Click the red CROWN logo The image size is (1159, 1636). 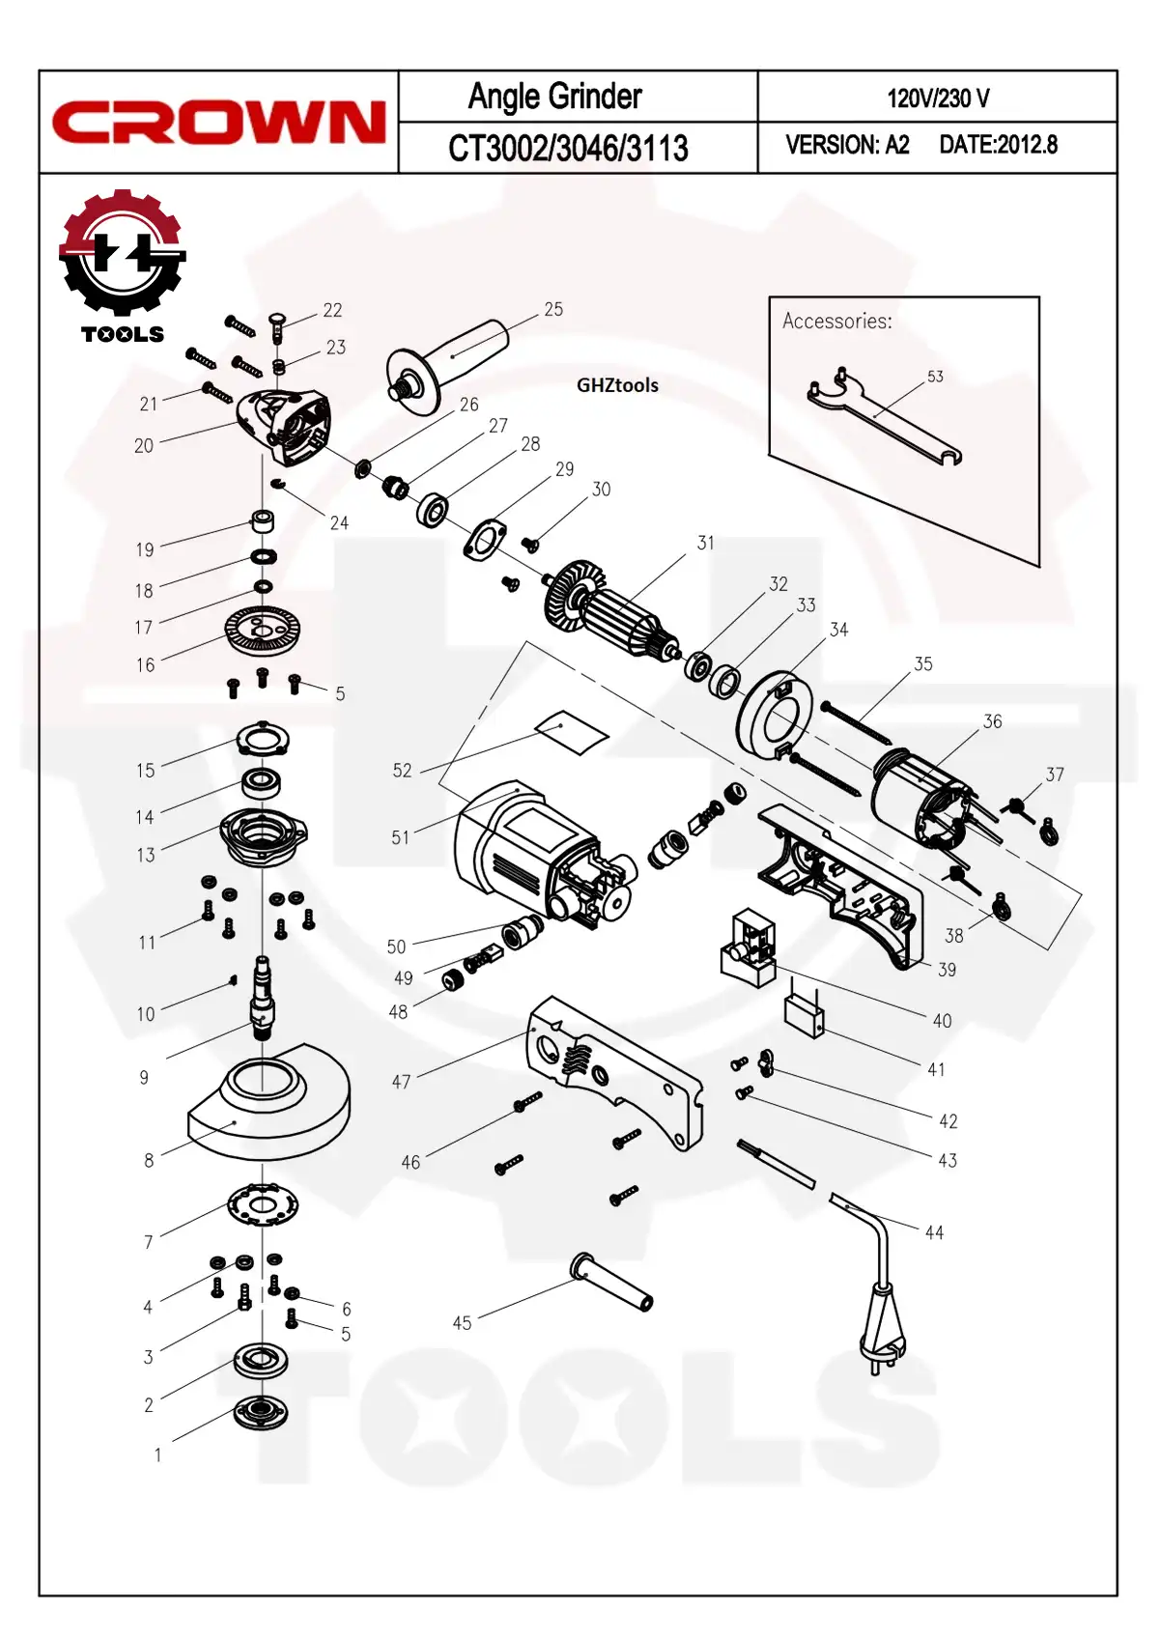[x=218, y=123]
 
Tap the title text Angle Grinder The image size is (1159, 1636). [x=554, y=97]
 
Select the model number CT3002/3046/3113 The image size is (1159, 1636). [x=568, y=148]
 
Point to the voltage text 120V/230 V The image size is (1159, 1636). [x=938, y=99]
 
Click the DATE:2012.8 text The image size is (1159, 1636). [x=998, y=145]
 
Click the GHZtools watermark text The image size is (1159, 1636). [x=617, y=385]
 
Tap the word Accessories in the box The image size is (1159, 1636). [x=836, y=321]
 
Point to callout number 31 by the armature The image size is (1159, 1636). [x=706, y=543]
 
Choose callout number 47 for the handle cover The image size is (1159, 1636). [x=401, y=1083]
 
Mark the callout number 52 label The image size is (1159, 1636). [x=402, y=771]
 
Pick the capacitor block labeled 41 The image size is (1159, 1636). [x=805, y=1016]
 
